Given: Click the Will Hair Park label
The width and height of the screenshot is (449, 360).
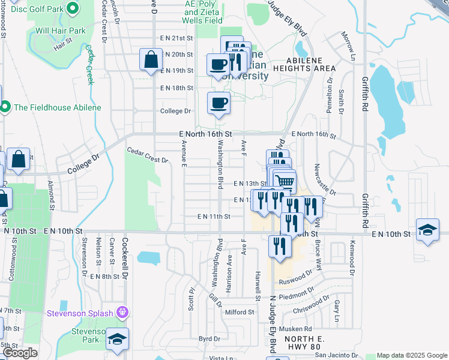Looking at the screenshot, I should pos(61,30).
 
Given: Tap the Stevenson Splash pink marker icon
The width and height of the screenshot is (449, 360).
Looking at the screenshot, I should pos(122,312).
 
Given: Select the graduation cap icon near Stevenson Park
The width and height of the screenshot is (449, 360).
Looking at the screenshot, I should pos(118,339).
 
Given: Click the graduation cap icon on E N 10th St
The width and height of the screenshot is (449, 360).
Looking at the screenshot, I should pos(427,231).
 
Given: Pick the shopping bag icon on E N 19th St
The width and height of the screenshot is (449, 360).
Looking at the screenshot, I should pos(150,61).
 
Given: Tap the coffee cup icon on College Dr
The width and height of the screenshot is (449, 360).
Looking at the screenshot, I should pos(218,103).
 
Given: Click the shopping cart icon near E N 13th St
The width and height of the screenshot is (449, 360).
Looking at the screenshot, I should pos(286,181).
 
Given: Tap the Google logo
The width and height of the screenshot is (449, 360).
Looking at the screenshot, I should pos(20,353).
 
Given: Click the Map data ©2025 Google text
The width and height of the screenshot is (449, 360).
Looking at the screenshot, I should pos(411,355).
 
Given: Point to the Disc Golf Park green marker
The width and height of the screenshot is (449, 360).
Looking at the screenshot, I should pos(73,9).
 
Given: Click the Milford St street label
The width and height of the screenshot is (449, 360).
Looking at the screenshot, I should pos(240,312).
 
